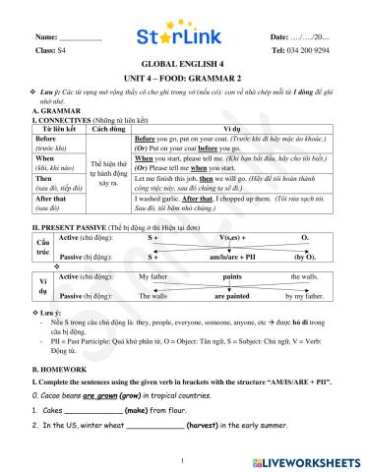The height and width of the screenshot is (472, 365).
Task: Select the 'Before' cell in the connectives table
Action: tap(47, 139)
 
